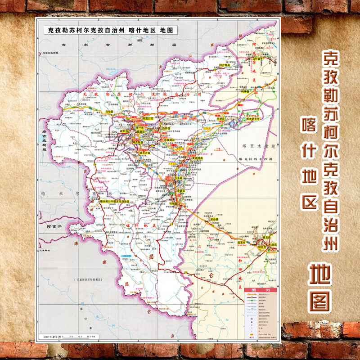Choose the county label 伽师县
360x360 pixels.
(x=166, y=128)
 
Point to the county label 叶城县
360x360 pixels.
(x=173, y=203)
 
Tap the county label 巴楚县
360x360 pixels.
(x=220, y=120)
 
